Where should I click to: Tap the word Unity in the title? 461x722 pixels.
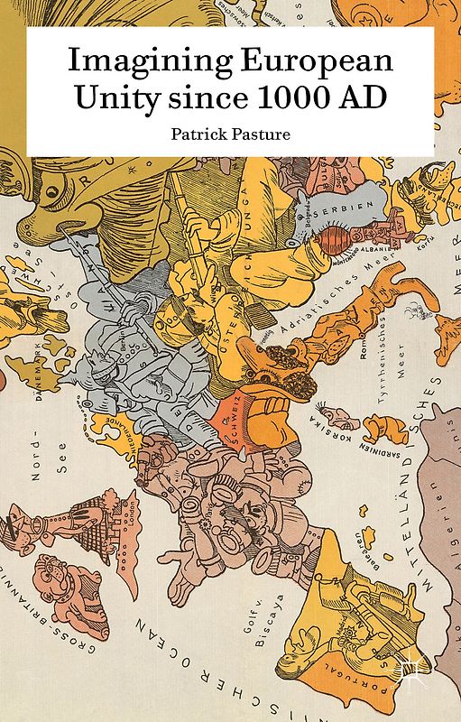108,98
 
